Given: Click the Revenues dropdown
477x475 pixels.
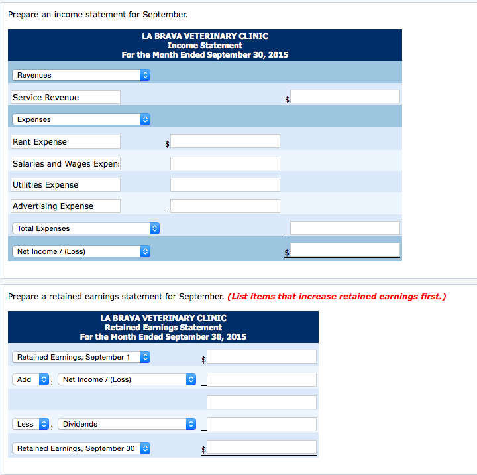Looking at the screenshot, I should click(81, 75).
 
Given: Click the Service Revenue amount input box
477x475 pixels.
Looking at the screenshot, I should click(344, 97).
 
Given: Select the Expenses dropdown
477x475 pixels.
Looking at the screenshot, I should click(81, 119).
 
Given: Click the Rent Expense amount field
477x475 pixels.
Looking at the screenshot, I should click(225, 141).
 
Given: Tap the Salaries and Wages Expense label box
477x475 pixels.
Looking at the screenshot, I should click(66, 163).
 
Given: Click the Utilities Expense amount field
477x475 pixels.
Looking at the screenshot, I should click(225, 185).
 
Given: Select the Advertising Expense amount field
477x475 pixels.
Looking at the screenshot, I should click(225, 206).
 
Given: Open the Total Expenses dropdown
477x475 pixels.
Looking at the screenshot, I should click(85, 228).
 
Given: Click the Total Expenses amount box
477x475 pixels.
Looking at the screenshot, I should click(344, 228).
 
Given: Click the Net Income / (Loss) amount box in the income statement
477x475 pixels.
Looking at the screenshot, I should click(344, 251).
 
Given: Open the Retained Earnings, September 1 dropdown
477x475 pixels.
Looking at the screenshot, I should click(81, 357).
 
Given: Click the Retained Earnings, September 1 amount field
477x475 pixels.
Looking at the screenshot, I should click(261, 357).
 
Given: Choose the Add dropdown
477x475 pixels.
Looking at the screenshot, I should click(31, 379).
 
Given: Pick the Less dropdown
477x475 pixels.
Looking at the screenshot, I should click(31, 424).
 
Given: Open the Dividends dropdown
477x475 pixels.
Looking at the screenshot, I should click(127, 424).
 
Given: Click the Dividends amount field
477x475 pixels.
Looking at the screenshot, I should click(261, 424).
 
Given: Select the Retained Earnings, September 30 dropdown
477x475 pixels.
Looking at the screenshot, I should click(81, 448).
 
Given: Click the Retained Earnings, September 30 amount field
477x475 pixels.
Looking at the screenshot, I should click(261, 448).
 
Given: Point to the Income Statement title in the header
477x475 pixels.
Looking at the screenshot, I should click(205, 46).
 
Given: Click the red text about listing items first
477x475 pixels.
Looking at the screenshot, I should click(337, 296).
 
